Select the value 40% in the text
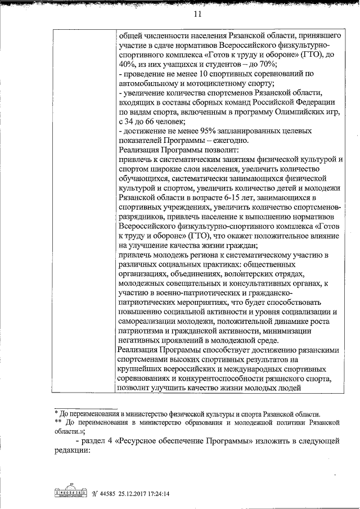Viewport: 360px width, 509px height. (x=128, y=64)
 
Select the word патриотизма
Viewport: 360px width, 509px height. (x=143, y=331)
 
